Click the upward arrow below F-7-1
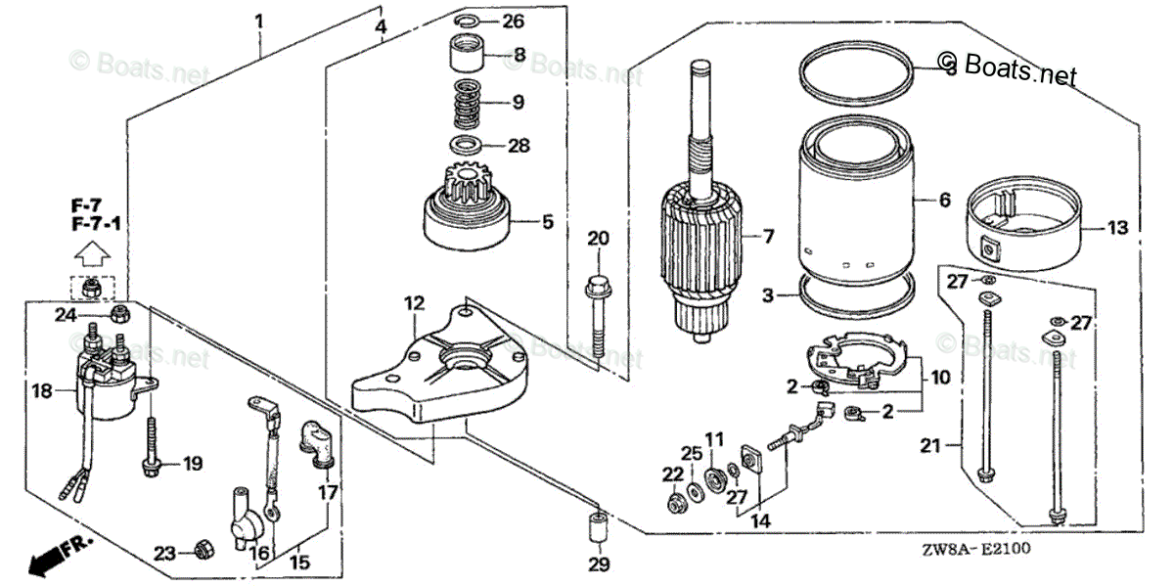coord(91,256)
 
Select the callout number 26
coord(514,22)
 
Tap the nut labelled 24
coord(120,313)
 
